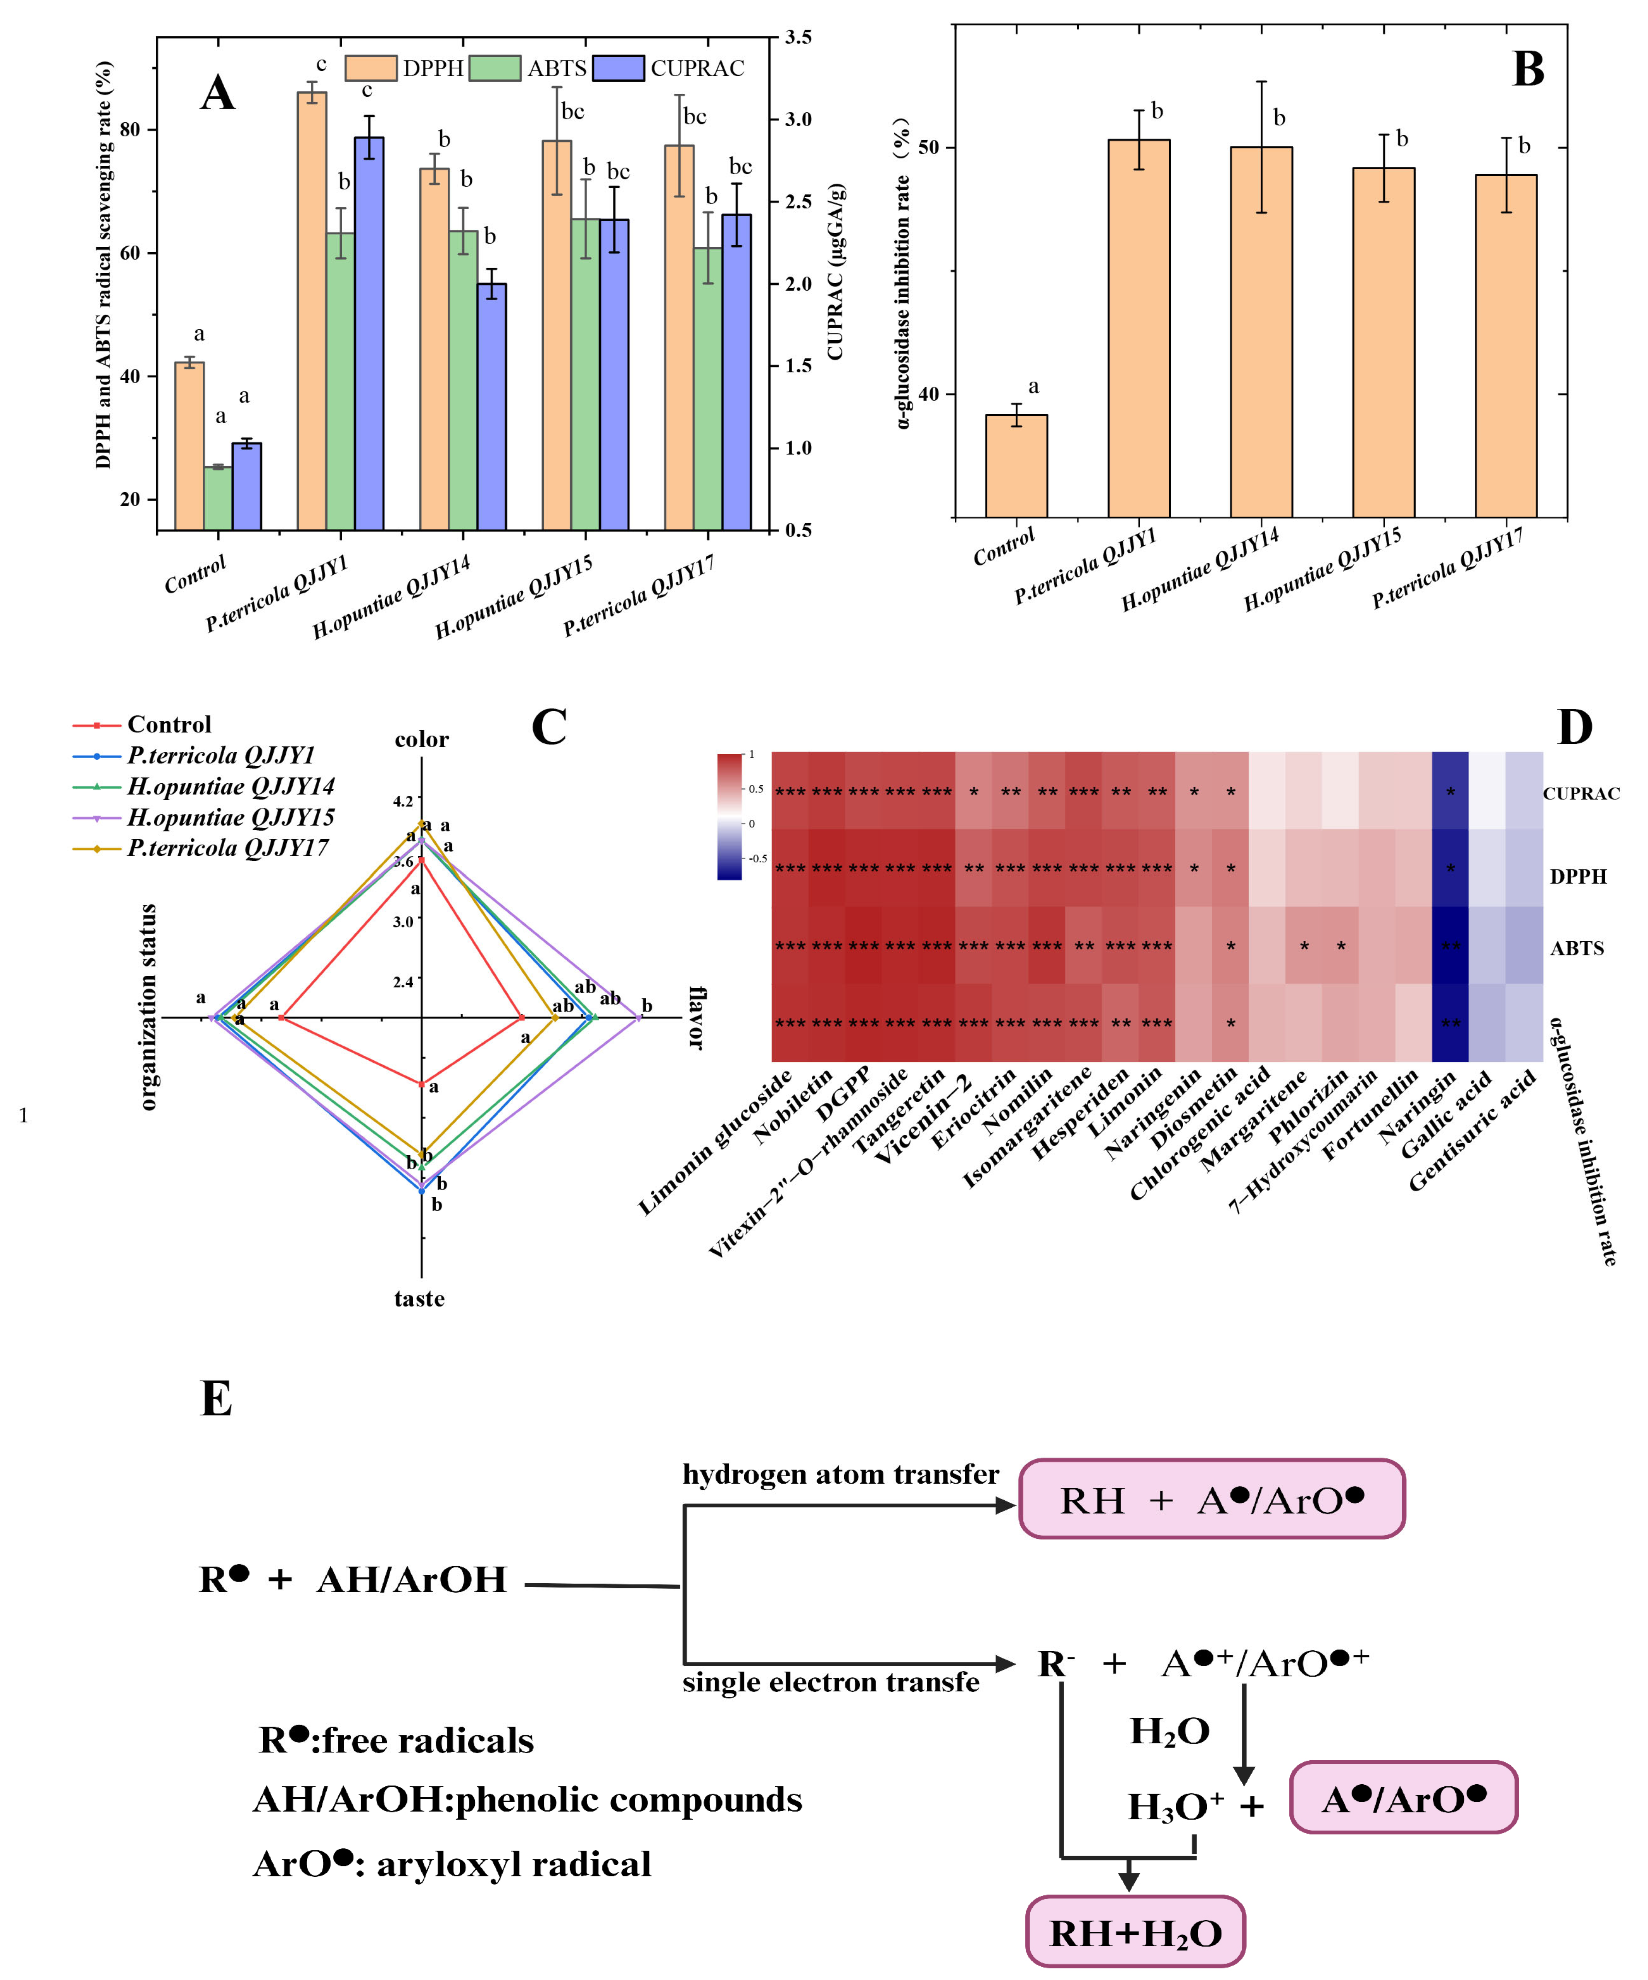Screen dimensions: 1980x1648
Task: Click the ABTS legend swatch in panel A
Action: (x=494, y=68)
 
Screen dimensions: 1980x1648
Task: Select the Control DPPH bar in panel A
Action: (x=189, y=445)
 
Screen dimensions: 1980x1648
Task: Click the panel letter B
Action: (x=1527, y=70)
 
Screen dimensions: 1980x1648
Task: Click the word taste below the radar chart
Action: (x=420, y=1298)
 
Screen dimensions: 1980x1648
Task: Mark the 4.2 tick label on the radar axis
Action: (x=403, y=800)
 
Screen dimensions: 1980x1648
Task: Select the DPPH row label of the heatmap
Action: (x=1577, y=876)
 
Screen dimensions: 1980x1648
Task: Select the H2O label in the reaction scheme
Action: (x=1169, y=1731)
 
